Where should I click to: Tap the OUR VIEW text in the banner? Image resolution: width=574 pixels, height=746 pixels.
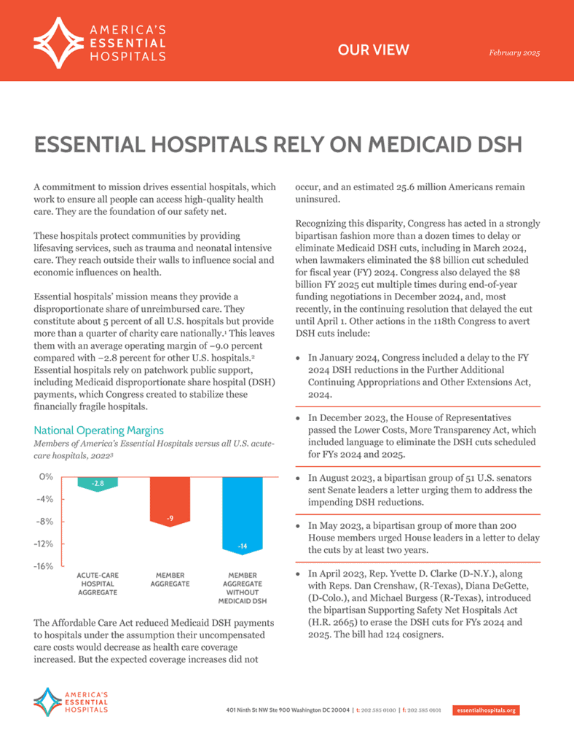(374, 50)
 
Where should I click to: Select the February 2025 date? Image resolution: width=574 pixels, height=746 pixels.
(514, 53)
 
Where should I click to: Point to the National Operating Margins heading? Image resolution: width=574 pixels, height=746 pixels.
(99, 430)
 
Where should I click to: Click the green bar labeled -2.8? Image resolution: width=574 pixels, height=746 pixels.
(98, 484)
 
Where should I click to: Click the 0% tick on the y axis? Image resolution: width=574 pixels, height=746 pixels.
(47, 476)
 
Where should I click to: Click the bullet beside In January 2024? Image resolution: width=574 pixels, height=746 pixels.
(297, 359)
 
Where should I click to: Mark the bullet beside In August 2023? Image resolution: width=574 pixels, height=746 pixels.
(297, 478)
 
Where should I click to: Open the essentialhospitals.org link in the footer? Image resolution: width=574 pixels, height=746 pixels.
(486, 710)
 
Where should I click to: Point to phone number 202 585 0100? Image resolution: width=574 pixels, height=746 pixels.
(377, 710)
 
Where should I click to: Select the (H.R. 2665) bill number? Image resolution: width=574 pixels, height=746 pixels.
(322, 622)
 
